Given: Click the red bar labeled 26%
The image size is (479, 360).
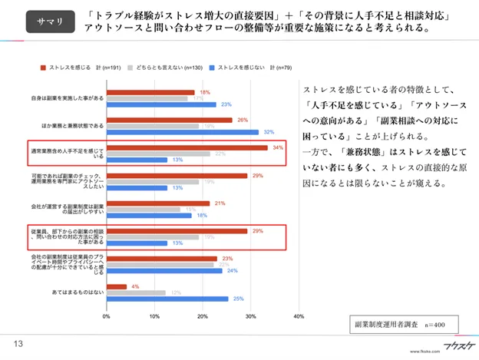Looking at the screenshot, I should pyautogui.click(x=169, y=120).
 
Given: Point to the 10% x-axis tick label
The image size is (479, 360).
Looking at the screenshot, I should pyautogui.click(x=154, y=315).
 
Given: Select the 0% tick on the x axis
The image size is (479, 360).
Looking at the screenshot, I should pyautogui.click(x=106, y=315).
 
